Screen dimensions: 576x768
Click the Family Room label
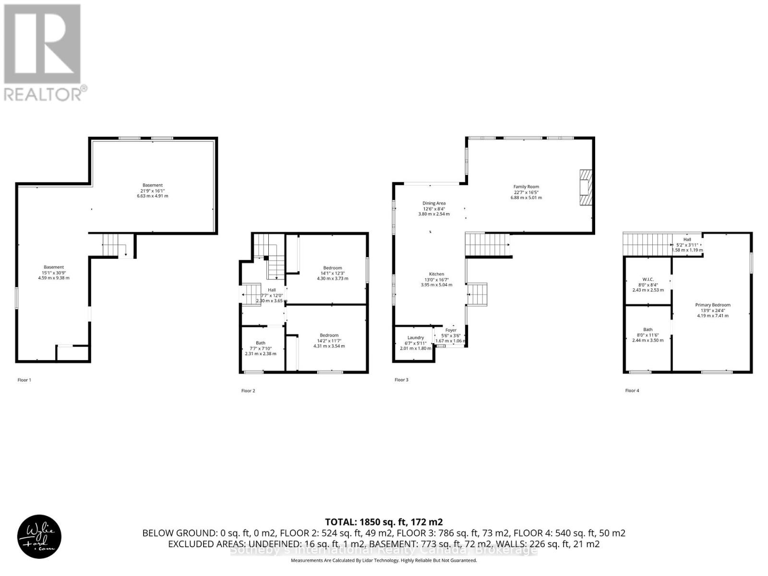click(x=526, y=187)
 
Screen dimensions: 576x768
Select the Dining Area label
click(x=434, y=203)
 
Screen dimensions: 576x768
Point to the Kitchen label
click(x=436, y=274)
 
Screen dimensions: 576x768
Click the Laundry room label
click(x=416, y=337)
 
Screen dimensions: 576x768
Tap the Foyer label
click(x=451, y=330)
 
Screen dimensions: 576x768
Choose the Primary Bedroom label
click(x=713, y=305)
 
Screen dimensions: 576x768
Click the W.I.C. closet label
click(x=648, y=279)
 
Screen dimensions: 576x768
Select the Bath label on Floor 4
click(x=648, y=330)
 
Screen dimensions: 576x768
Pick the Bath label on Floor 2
click(x=261, y=343)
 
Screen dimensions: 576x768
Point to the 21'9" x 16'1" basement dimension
click(x=153, y=191)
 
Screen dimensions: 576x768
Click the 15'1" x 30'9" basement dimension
click(x=54, y=273)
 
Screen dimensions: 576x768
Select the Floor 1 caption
click(x=24, y=380)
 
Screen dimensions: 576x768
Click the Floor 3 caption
click(x=401, y=380)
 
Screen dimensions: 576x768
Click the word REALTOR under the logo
click(x=43, y=94)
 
